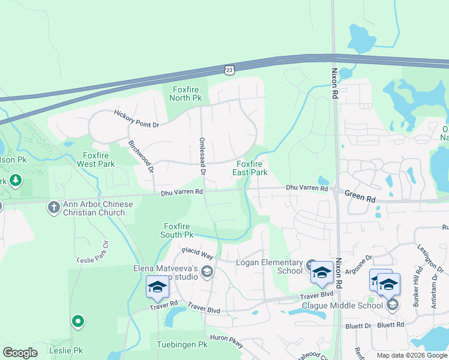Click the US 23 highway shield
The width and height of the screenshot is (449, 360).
click(229, 70)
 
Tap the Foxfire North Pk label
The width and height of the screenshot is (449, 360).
click(184, 94)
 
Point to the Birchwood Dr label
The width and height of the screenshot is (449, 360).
click(141, 157)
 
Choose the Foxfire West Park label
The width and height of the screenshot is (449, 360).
click(95, 159)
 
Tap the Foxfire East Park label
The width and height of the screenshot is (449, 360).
click(250, 167)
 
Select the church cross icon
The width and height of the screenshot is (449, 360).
click(53, 207)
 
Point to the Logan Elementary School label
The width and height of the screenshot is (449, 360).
click(270, 266)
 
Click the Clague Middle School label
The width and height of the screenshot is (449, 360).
click(342, 305)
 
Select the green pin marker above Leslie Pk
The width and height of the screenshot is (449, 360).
click(77, 322)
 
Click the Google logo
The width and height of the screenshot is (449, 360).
click(20, 353)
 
